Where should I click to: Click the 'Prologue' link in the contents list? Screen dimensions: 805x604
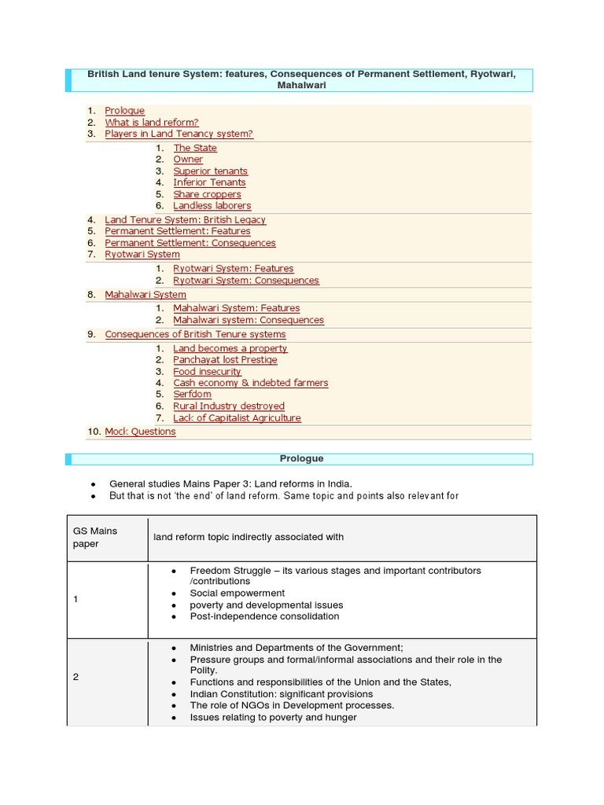[124, 111]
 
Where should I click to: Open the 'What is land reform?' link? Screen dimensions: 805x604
[151, 123]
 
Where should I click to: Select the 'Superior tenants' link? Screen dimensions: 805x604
[210, 171]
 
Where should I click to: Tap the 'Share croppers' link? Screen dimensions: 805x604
[207, 194]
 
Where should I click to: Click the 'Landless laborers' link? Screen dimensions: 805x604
[212, 206]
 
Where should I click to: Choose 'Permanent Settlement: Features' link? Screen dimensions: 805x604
[177, 231]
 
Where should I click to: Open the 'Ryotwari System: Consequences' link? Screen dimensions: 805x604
[245, 281]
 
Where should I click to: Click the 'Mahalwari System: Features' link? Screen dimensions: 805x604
[236, 308]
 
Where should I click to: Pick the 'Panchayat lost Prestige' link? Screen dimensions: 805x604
[225, 360]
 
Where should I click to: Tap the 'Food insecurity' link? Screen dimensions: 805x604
[207, 372]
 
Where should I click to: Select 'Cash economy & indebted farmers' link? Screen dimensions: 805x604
[250, 383]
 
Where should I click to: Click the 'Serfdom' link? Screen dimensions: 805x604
[193, 395]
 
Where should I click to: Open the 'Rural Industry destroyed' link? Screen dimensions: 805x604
[228, 406]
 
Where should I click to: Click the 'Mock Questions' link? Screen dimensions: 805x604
[140, 432]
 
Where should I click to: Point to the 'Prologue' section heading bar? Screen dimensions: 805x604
[301, 459]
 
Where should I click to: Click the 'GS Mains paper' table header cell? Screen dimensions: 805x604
[107, 538]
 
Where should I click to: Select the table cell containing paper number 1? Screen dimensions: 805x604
[107, 599]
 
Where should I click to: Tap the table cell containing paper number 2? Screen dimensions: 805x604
[107, 677]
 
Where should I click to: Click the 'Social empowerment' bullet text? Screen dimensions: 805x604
[237, 594]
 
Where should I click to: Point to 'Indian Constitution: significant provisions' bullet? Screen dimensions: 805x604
[281, 694]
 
